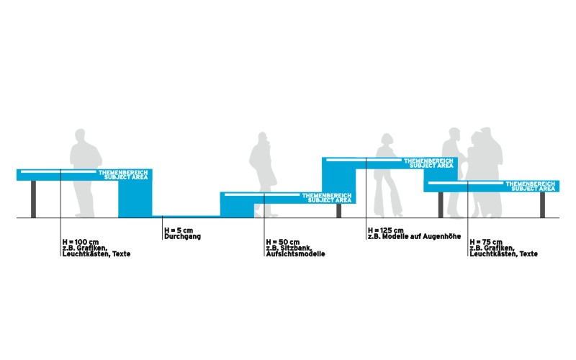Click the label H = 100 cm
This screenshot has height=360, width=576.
coord(81,242)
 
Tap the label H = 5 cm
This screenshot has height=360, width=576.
coord(179,230)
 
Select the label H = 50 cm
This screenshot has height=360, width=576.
coord(283,242)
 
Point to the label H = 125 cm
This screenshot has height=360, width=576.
coord(386,230)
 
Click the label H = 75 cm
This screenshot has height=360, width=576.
coord(486,242)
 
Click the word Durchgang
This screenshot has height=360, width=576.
coord(183,237)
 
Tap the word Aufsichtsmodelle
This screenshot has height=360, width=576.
coord(296,254)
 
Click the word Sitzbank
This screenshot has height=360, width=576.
coord(297,248)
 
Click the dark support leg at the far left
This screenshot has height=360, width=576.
coord(33,199)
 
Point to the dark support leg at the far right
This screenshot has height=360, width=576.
coord(542,205)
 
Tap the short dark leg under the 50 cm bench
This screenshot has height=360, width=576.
coord(338,211)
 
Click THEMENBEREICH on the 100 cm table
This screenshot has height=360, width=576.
coord(123,172)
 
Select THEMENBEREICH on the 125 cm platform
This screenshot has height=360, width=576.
coord(428,161)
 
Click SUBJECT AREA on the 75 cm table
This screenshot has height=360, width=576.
coord(533,189)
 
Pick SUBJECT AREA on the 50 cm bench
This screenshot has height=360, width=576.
coord(330,200)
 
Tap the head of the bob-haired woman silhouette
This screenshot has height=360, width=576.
coord(387,140)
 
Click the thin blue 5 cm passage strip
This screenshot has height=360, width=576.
coord(186,217)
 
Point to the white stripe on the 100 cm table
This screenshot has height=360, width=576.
coord(58,171)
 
